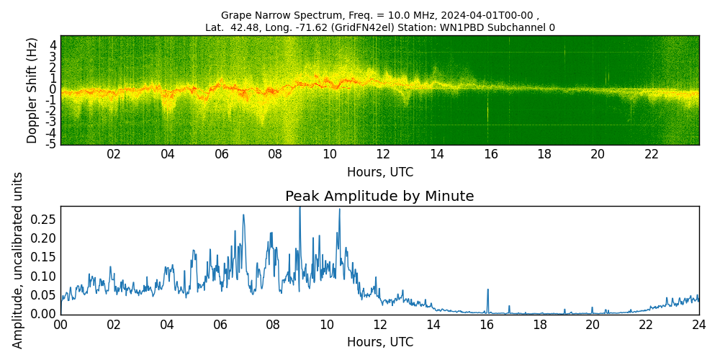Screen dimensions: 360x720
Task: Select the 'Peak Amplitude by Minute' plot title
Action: pos(379,197)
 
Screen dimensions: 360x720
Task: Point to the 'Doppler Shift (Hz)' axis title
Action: pos(32,90)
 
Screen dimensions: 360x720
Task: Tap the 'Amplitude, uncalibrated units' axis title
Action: pos(18,260)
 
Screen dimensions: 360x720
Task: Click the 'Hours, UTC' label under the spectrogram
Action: pos(379,173)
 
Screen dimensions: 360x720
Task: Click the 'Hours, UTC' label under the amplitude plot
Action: pos(379,343)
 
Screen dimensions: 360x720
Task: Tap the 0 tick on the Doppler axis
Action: pos(53,89)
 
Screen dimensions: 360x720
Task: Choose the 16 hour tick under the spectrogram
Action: pos(490,155)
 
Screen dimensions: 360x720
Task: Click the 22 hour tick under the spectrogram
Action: pos(652,155)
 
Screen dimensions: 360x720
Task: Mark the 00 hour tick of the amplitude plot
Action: pos(60,325)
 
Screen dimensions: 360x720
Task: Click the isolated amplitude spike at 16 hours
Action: pos(487,290)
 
